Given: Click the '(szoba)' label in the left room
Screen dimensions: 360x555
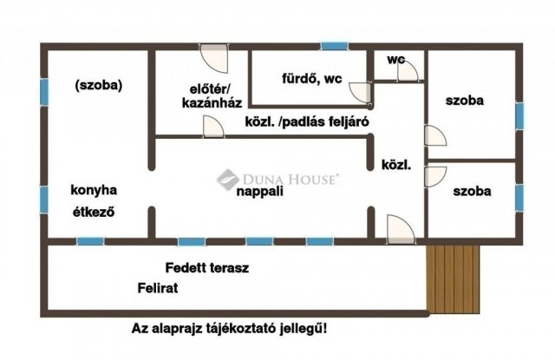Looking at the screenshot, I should [x=100, y=85].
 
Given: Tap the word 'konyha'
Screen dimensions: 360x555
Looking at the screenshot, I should [x=95, y=190].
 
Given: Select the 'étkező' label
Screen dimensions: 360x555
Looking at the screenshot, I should [x=95, y=211].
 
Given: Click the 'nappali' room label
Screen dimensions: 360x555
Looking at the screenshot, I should [x=261, y=193].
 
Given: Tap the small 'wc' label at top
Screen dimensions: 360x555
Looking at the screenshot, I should [x=396, y=60].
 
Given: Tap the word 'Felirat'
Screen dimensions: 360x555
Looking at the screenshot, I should [x=157, y=288].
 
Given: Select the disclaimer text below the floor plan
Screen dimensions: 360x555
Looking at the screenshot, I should [x=229, y=329].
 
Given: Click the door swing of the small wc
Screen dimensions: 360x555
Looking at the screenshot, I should [x=407, y=70].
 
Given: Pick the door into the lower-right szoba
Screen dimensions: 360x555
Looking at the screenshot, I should [x=435, y=176].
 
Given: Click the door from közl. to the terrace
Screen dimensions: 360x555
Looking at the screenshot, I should [x=401, y=229].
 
